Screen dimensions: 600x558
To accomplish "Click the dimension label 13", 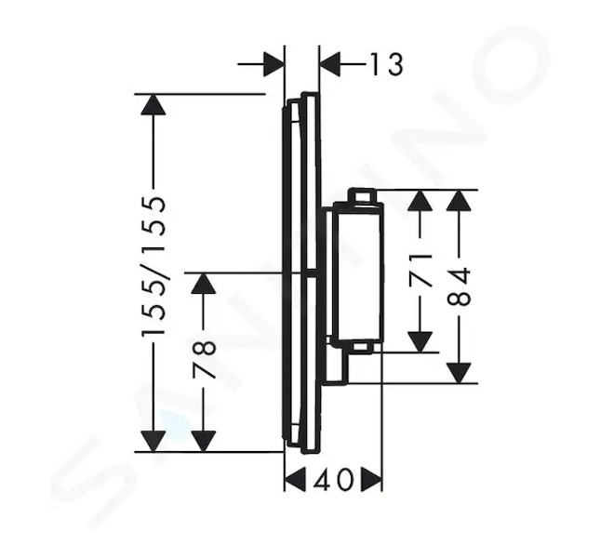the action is coord(386,64).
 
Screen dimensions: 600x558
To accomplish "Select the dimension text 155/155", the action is coord(153,267).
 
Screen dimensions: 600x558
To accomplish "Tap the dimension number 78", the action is coord(204,360).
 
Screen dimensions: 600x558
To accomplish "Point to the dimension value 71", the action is coord(420,271).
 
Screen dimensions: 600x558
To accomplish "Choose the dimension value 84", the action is coord(459,286).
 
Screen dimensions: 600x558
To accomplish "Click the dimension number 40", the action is coord(332,479).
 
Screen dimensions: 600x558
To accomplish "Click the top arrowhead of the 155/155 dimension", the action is coord(153,104).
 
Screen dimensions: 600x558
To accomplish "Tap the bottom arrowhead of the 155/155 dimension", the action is coord(153,441).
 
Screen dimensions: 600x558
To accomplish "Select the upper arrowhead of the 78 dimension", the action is coord(204,284).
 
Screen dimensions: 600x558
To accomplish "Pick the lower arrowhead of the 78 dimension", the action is coord(204,441).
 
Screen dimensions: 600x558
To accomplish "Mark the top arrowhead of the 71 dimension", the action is coord(420,200).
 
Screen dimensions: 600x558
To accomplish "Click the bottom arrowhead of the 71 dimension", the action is coord(420,342).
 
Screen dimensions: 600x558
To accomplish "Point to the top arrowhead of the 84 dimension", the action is coord(459,200).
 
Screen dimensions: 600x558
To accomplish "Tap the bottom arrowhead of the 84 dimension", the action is coord(459,373).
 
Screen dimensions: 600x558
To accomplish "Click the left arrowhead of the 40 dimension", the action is coord(296,479).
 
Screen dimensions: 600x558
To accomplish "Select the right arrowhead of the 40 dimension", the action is coord(371,479).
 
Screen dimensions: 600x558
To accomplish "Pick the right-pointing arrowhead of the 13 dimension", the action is coord(274,64).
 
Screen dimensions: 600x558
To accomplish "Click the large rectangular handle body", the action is coord(358,272).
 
